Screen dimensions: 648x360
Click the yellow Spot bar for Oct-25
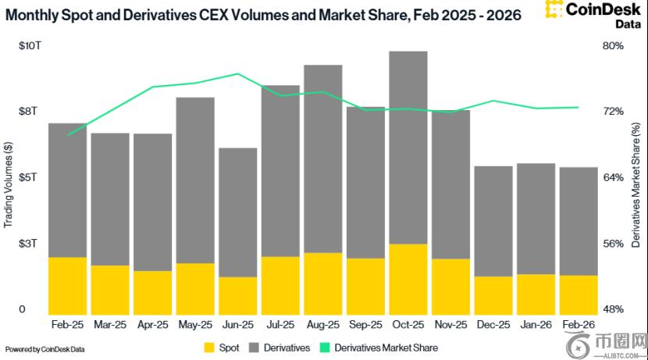click(x=408, y=280)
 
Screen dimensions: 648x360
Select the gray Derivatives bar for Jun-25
click(x=237, y=212)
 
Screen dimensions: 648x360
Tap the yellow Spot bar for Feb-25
click(x=67, y=286)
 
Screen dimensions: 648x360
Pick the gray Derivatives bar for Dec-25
click(x=493, y=222)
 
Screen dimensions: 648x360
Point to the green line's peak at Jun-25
click(x=237, y=74)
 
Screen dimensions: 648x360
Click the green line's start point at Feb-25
click(x=67, y=135)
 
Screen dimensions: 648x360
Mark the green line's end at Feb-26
click(x=579, y=108)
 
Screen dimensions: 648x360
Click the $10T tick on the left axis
click(x=30, y=45)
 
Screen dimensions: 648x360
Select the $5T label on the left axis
click(x=27, y=177)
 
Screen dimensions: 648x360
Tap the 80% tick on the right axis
click(x=613, y=45)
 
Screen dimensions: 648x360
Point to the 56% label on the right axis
click(x=613, y=244)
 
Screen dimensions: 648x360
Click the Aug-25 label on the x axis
click(x=322, y=325)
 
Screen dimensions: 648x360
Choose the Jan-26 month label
click(x=536, y=325)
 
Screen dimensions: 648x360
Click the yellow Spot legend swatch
click(x=209, y=348)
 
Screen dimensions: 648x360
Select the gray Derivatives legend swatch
click(x=254, y=348)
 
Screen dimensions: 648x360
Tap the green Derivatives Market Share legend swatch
click(x=326, y=348)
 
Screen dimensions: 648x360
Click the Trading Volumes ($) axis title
click(x=9, y=184)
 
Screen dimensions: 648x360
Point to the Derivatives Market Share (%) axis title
click(x=636, y=185)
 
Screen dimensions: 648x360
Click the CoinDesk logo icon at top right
click(x=554, y=9)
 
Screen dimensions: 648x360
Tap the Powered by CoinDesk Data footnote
click(x=45, y=349)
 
